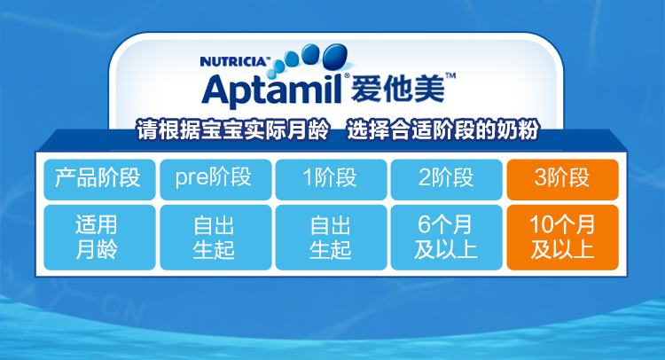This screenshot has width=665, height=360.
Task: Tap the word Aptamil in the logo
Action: [272, 90]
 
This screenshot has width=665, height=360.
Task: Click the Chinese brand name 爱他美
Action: [397, 89]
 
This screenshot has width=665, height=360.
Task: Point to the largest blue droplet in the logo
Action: [335, 56]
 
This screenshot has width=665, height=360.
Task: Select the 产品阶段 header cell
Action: [99, 179]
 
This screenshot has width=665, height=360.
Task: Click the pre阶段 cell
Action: [215, 179]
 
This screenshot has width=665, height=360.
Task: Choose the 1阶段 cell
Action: [332, 179]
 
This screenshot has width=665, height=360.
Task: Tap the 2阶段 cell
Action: [447, 179]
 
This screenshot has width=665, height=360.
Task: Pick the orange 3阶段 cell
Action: [563, 179]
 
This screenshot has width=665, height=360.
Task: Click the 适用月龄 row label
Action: [99, 238]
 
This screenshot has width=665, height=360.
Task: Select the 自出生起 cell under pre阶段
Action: [215, 238]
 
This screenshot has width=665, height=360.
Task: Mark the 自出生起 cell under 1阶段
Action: [332, 238]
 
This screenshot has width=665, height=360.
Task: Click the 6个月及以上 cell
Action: [447, 238]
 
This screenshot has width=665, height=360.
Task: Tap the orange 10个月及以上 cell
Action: [563, 238]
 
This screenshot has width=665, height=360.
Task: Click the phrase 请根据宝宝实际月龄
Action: [232, 129]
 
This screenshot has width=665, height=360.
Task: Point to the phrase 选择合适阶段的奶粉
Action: [443, 129]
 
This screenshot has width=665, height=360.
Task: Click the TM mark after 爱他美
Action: [450, 76]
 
